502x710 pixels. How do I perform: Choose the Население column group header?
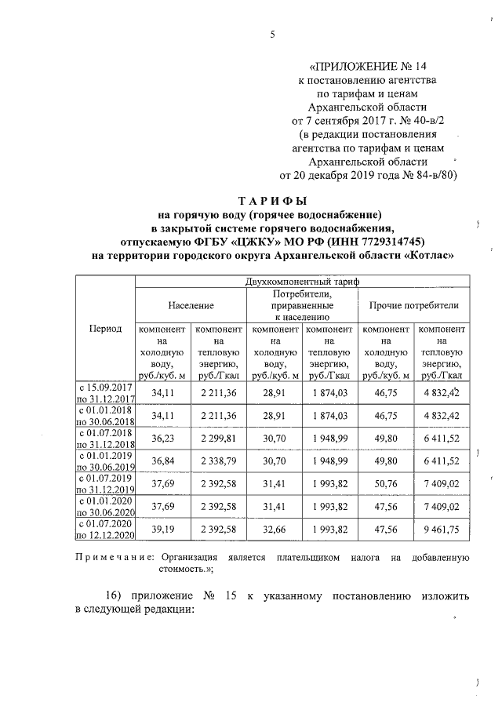(x=191, y=304)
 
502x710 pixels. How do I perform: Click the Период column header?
(x=106, y=328)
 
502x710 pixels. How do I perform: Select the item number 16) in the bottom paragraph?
(x=118, y=596)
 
